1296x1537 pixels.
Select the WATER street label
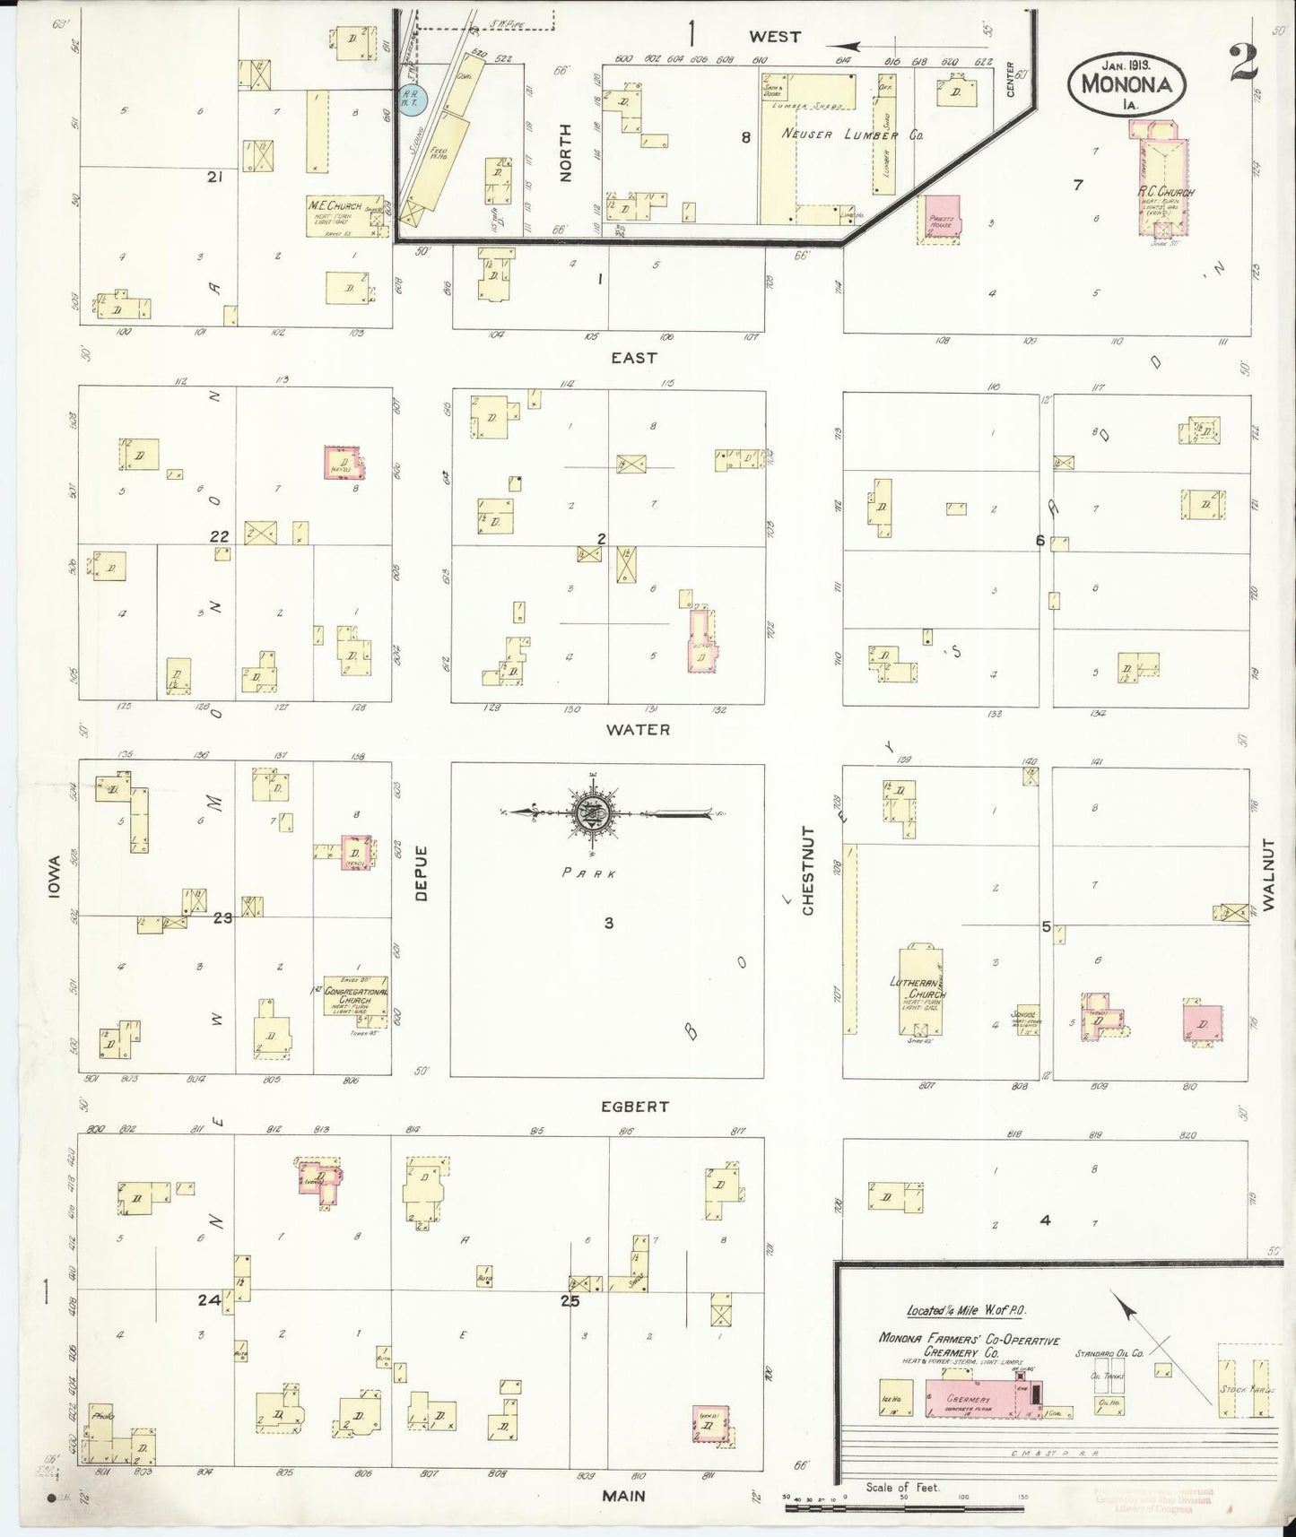pyautogui.click(x=638, y=730)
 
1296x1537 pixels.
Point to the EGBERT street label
pyautogui.click(x=635, y=1106)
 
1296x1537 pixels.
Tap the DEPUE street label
pyautogui.click(x=422, y=873)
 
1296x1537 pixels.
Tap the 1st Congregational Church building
pyautogui.click(x=357, y=995)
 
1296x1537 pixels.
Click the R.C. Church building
pyautogui.click(x=1161, y=184)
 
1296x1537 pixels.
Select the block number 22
pyautogui.click(x=220, y=536)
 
